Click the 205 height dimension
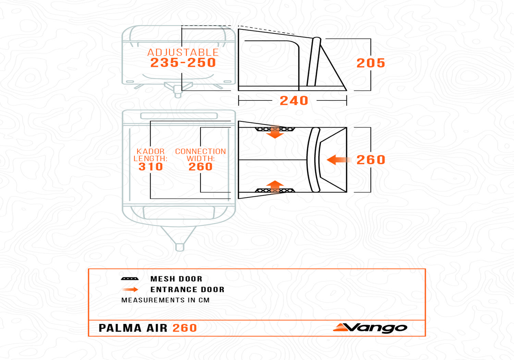(371, 63)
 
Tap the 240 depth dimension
(294, 101)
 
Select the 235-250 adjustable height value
(183, 63)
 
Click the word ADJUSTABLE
(183, 52)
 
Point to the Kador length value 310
(150, 167)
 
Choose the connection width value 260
(200, 167)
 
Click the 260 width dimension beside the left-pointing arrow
(371, 160)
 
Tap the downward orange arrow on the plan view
(275, 132)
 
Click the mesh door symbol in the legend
(130, 279)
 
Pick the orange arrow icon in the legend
(130, 290)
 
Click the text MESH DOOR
(176, 279)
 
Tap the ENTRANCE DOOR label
(187, 290)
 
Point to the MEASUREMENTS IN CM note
(165, 300)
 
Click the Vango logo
(370, 328)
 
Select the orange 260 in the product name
(185, 328)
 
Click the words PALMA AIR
(133, 328)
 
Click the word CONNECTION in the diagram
(200, 152)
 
